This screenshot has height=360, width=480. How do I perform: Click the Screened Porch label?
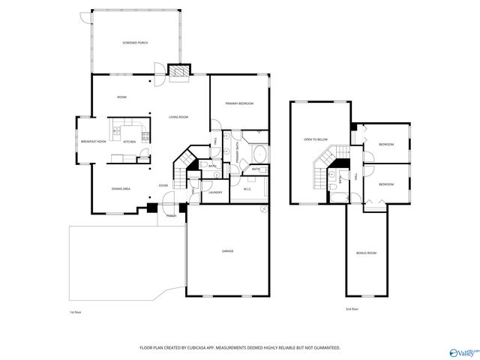point(135,43)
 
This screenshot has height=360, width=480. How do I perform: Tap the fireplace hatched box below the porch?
point(178,70)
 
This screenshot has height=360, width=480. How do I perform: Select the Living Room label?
point(178,117)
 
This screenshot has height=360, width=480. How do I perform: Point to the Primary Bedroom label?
point(240,103)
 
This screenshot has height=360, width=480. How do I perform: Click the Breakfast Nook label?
point(91,142)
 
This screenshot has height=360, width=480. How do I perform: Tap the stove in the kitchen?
point(145,136)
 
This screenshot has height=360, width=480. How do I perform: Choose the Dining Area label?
point(121,188)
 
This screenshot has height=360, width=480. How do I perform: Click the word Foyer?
point(163,185)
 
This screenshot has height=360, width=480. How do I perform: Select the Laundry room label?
point(216,192)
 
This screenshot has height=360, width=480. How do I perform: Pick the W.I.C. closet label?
point(247,189)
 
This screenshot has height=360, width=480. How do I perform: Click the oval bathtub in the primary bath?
point(259,155)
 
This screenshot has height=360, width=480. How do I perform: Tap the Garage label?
point(227,250)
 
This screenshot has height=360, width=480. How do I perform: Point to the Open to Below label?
point(316,139)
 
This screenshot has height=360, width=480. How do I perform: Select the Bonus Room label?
point(366,253)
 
